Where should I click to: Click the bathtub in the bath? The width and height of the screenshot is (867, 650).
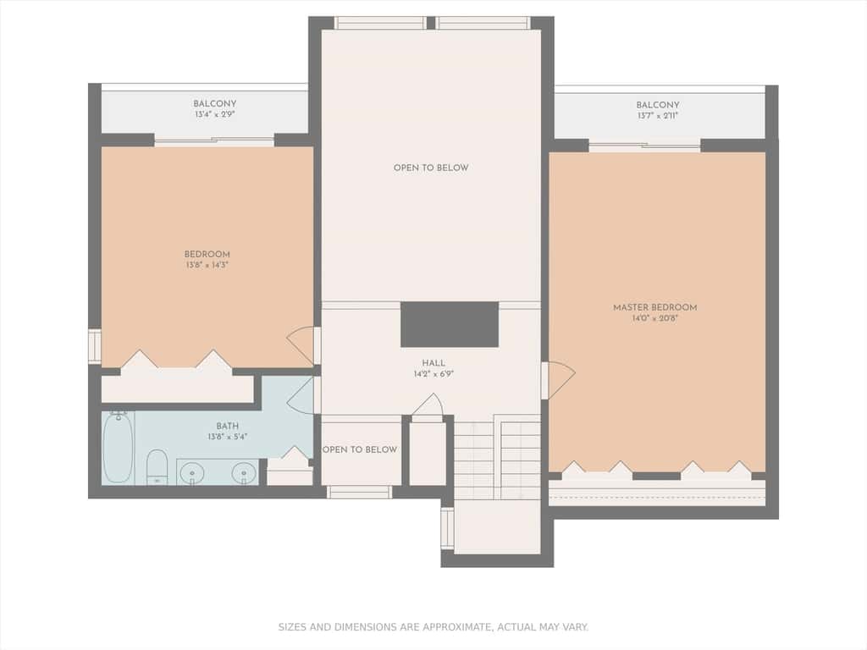point(118,447)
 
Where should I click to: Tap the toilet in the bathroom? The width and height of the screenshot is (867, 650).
point(157,467)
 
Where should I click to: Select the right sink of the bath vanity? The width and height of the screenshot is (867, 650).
point(244,474)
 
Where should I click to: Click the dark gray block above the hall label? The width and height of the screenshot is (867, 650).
point(450,324)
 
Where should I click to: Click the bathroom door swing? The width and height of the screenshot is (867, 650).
point(301,394)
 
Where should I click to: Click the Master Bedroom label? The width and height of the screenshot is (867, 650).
point(654,307)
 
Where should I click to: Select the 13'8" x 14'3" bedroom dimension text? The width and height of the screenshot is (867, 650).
point(207,265)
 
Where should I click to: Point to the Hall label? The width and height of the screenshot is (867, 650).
point(433,363)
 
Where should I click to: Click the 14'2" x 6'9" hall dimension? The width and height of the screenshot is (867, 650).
point(433,374)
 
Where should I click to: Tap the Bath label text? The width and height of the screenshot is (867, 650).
point(227,427)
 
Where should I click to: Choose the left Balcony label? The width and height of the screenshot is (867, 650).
point(214,103)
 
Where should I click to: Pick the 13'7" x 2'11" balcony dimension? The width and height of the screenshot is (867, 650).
point(657,115)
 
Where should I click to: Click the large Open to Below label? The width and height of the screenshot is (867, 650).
point(431,168)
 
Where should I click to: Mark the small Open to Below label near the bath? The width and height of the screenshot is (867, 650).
point(360,449)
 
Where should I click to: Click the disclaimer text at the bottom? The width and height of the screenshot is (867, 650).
point(433,627)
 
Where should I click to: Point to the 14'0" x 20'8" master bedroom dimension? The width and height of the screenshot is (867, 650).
point(654,318)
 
